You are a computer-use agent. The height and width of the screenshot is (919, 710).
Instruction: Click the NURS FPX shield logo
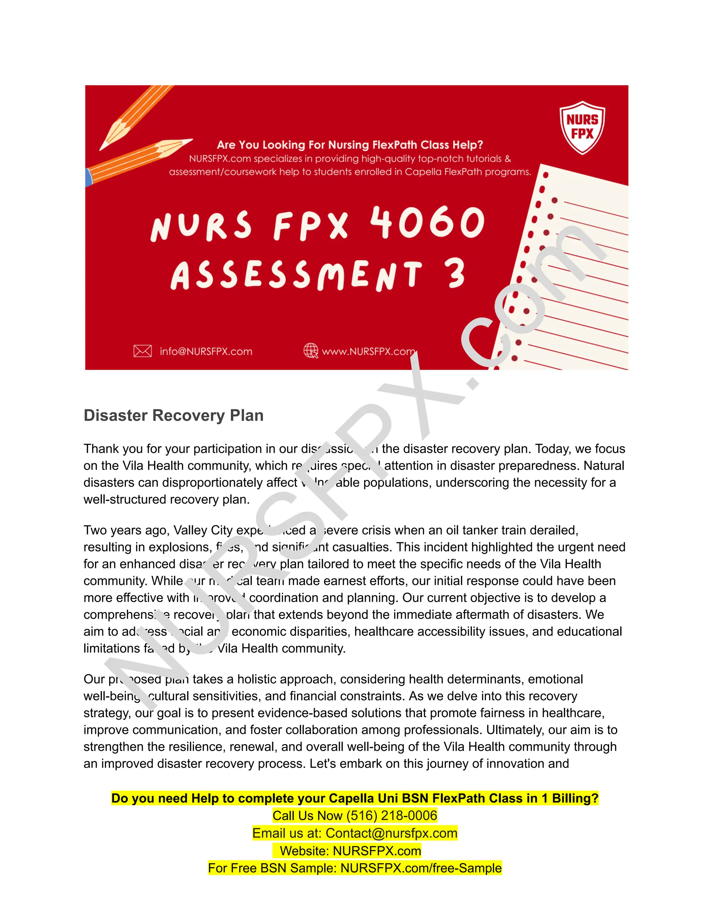(582, 127)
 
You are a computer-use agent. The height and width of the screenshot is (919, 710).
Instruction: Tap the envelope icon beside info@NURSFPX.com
(142, 351)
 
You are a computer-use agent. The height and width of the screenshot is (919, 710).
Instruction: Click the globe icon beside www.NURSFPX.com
(311, 351)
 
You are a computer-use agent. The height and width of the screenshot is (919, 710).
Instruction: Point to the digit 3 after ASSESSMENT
(456, 274)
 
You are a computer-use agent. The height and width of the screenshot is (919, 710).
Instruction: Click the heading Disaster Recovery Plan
(173, 415)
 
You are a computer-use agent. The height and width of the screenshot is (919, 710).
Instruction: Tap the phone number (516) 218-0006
(392, 816)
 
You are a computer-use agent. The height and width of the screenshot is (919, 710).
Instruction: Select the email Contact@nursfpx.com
(391, 833)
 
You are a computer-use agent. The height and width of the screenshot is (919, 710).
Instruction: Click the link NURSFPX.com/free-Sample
(421, 868)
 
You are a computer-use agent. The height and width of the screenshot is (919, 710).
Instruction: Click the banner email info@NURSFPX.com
(206, 351)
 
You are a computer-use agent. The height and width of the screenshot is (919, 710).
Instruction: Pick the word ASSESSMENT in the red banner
(296, 275)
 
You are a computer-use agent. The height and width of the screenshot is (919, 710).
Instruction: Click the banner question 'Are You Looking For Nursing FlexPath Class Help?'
(350, 145)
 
